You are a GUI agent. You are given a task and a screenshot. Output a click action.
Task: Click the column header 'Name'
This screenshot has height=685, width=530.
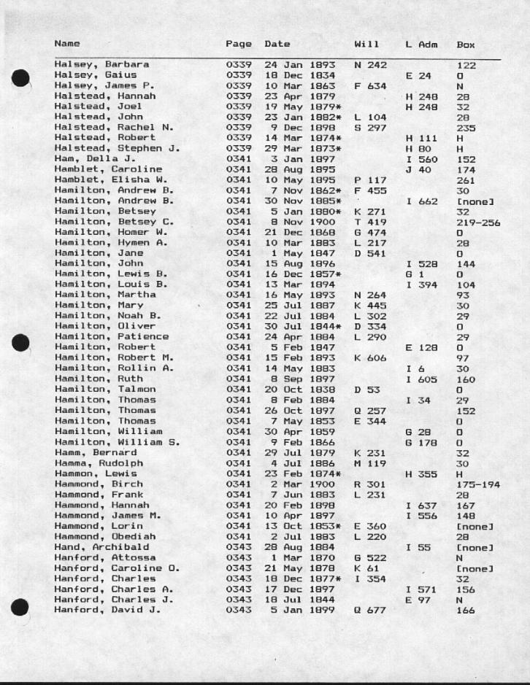67,44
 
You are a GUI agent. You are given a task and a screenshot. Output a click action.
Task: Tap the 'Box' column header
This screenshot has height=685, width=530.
465,44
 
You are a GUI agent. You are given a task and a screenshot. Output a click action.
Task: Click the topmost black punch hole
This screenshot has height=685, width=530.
23,79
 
